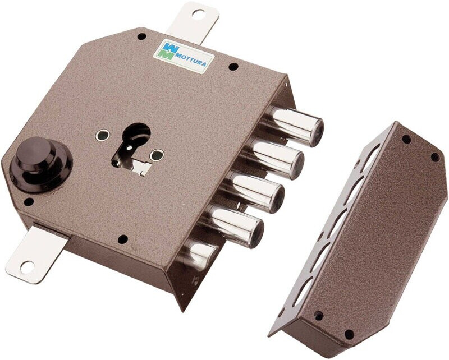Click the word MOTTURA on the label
tap(190, 59)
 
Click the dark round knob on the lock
tap(40, 164)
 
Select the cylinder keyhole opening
tap(134, 147)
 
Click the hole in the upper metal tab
tap(198, 13)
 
